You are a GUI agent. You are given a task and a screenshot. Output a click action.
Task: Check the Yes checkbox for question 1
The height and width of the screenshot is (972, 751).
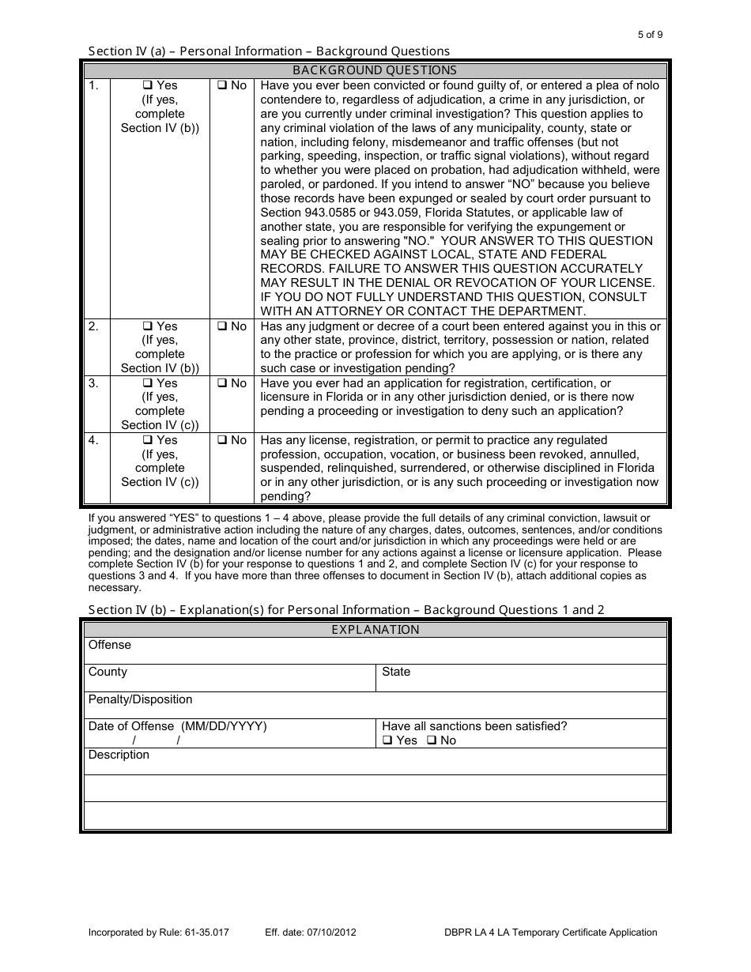point(147,85)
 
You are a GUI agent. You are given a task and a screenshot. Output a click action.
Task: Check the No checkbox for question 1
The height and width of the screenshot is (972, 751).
point(222,85)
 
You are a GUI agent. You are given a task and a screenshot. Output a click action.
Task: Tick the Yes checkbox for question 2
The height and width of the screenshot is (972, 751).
point(147,326)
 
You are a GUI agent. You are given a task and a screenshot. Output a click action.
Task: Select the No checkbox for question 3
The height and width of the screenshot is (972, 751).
point(222,383)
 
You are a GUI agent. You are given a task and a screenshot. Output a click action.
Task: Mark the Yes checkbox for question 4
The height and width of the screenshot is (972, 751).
point(147,440)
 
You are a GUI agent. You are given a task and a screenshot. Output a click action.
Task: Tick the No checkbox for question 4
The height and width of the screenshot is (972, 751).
point(222,440)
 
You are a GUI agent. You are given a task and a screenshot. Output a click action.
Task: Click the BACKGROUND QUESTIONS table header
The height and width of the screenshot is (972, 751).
point(375,70)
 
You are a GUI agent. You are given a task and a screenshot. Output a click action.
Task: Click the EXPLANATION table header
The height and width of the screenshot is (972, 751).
point(375,630)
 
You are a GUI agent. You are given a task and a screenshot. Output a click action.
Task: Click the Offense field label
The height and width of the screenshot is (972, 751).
point(110,645)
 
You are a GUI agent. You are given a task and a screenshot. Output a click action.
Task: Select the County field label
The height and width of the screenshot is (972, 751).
point(108,672)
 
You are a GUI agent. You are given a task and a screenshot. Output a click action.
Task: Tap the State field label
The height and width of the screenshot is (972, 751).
point(396,672)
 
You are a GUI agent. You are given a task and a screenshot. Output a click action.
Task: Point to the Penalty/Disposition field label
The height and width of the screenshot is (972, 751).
point(140,699)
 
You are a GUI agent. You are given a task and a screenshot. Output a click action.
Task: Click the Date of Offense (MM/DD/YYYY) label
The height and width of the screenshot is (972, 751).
point(177,726)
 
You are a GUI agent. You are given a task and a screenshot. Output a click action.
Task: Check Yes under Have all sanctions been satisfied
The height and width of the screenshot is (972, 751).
point(387,740)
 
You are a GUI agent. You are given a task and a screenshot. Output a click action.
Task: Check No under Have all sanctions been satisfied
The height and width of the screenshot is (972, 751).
point(432,740)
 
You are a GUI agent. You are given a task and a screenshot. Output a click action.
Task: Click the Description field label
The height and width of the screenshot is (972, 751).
point(119,755)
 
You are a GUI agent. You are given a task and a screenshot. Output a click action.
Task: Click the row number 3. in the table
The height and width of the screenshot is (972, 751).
point(93,383)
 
